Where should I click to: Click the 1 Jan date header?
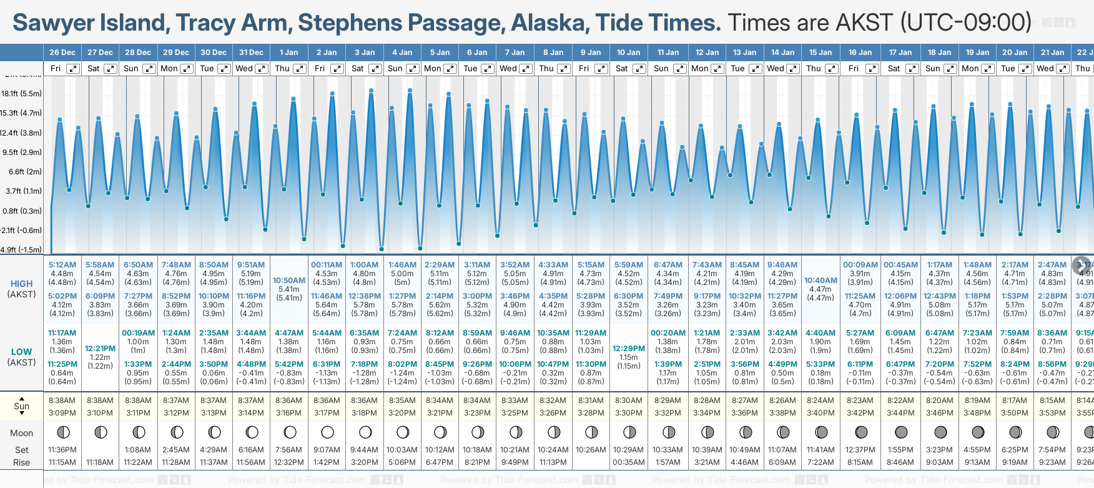coord(288,52)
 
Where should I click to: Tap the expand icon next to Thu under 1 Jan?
coord(300,69)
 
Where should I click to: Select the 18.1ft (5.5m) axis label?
coord(21,94)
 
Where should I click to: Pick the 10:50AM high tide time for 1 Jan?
coord(289,281)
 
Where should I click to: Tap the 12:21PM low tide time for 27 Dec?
coord(100,349)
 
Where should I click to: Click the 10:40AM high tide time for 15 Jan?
coord(820,281)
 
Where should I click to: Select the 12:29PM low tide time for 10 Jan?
coord(628,349)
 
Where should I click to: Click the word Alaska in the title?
coord(549,23)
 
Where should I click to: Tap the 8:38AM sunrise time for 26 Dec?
coord(62,401)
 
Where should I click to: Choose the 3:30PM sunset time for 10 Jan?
coord(628,413)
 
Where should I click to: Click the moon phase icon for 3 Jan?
coord(365,432)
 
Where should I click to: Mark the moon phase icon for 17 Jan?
coord(900,432)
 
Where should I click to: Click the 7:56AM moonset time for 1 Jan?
coord(289,450)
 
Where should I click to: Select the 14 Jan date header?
coord(782,52)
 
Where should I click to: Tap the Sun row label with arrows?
coord(21,406)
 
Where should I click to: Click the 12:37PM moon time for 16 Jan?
coord(860,450)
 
